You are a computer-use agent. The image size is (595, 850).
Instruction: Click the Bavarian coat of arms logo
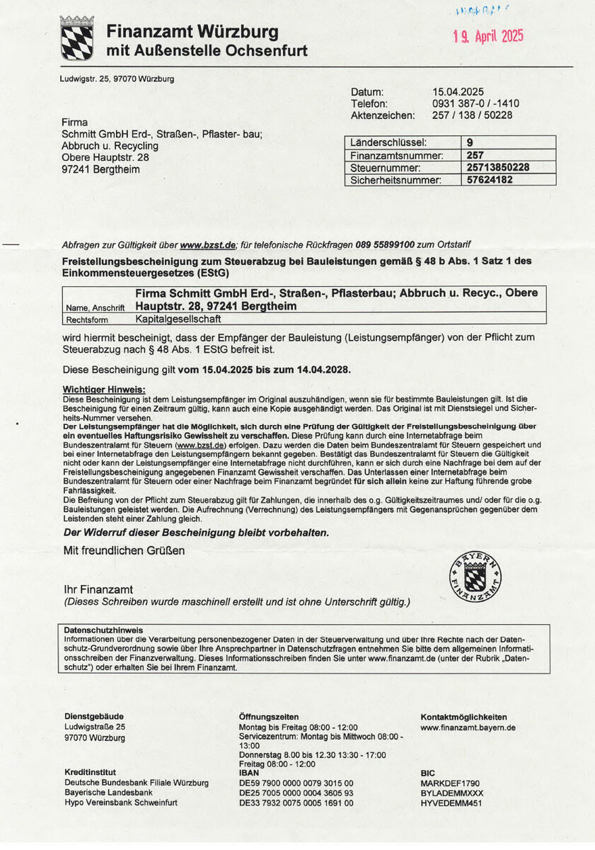pos(76,39)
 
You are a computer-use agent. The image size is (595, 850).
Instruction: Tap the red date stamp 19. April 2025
pos(488,37)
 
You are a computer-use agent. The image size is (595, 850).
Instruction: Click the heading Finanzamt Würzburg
pos(192,32)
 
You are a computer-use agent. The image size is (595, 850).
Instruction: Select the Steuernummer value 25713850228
pos(498,168)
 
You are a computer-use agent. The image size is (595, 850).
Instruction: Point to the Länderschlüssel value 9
pos(470,142)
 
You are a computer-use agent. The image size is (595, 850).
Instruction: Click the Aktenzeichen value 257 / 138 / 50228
pos(472,115)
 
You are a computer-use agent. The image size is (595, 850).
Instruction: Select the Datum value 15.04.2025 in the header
pos(458,91)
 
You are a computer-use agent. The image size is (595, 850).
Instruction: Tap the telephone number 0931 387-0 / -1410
pos(475,103)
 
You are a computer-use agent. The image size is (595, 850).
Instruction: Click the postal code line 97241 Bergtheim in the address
pos(101,169)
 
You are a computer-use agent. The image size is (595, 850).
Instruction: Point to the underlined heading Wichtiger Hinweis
pos(104,389)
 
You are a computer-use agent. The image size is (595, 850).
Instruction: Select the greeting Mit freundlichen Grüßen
pos(124,549)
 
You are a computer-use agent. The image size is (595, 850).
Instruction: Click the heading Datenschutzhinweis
pos(103,629)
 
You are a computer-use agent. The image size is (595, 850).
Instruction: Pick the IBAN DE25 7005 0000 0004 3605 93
pos(296,793)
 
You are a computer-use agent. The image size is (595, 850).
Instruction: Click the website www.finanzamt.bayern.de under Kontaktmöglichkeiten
pos(468,727)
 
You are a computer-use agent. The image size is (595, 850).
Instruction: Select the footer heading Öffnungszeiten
pos(269,717)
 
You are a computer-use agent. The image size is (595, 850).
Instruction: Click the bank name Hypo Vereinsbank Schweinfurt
pos(120,803)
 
